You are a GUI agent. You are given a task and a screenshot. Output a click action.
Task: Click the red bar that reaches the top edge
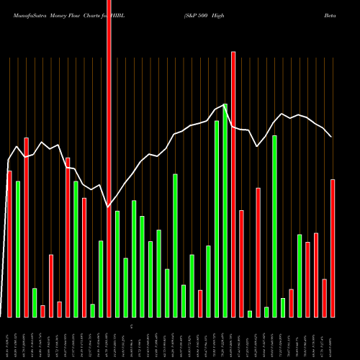109,158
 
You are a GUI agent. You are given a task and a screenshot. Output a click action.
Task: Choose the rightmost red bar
333,248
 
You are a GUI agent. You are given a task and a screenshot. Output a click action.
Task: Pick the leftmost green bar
18,249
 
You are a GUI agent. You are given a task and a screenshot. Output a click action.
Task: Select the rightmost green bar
300,275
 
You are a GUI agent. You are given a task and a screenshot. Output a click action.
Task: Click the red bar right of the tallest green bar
233,184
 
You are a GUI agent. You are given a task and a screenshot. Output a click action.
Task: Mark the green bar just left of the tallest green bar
217,219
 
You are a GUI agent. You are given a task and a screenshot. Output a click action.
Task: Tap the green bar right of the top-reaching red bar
117,264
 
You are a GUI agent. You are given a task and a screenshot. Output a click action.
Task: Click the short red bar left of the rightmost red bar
325,297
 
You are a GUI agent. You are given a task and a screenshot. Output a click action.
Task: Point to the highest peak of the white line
225,105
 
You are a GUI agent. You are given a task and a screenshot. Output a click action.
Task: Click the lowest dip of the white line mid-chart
109,209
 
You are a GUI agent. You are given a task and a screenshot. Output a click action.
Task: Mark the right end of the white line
331,137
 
